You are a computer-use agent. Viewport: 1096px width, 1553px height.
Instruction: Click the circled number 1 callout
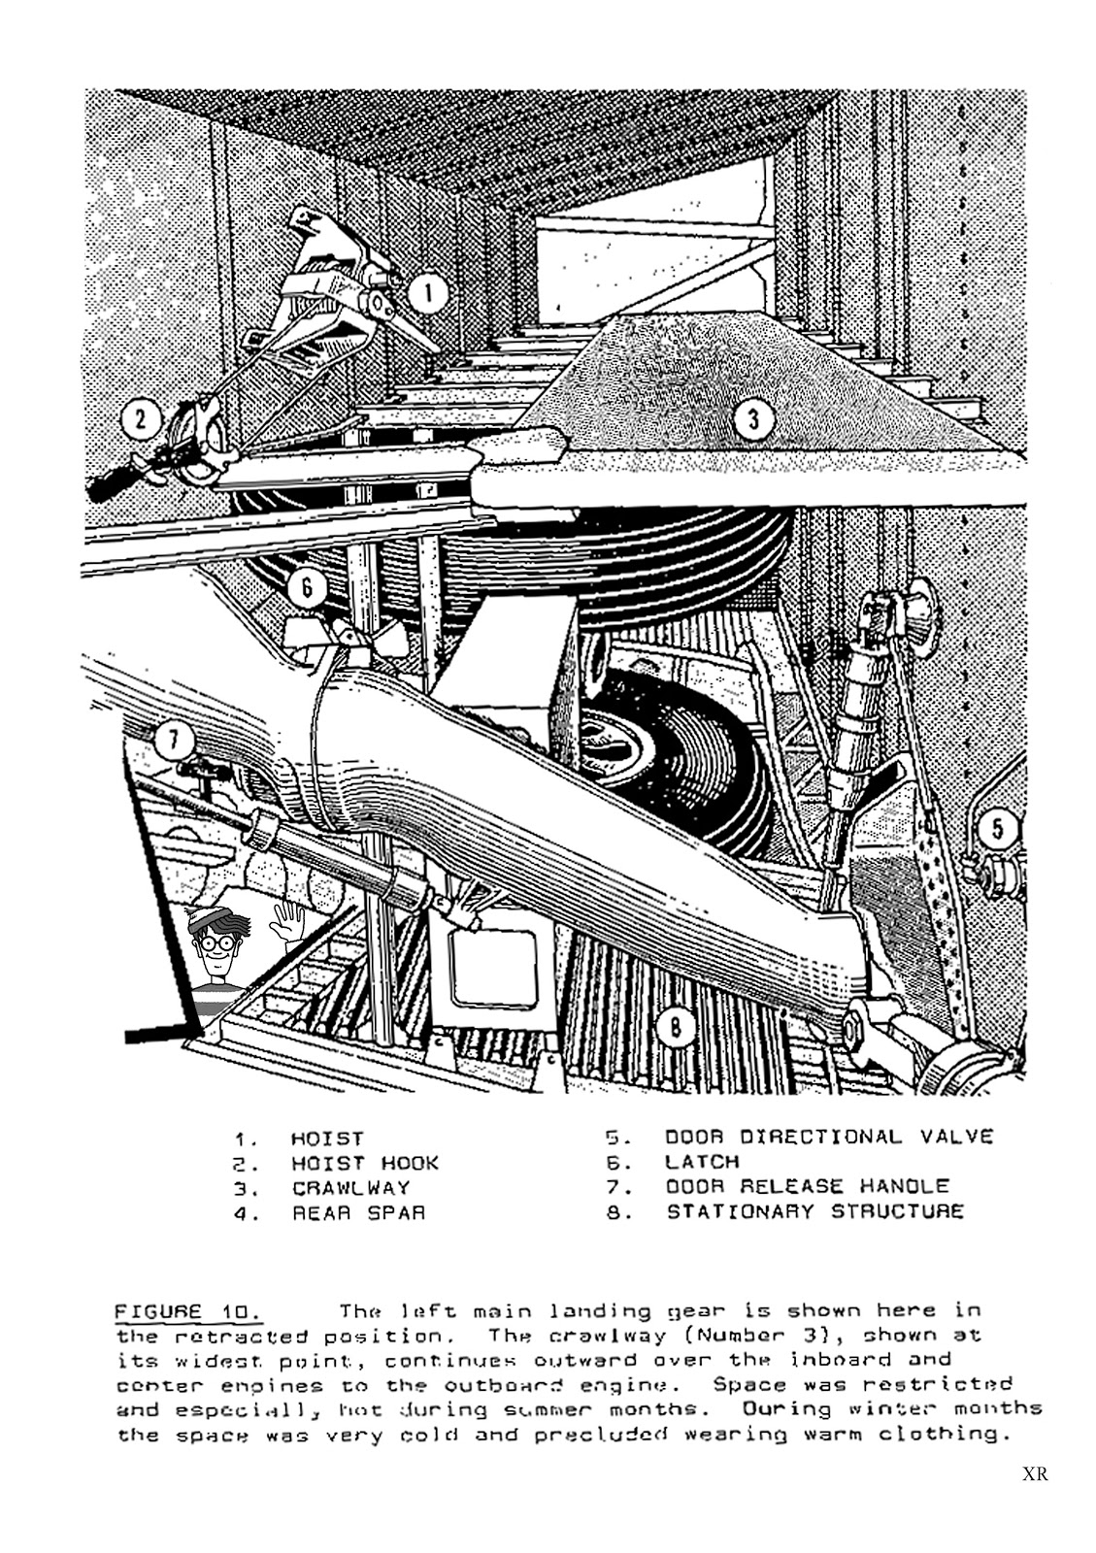point(427,294)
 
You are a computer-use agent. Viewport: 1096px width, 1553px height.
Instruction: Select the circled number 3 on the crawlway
point(753,420)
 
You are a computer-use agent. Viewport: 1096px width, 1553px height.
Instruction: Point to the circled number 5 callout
point(997,829)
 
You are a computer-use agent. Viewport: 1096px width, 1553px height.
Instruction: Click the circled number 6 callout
point(307,587)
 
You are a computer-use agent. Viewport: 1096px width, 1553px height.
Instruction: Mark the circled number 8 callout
point(676,1026)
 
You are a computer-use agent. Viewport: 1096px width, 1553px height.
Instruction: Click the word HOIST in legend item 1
point(327,1139)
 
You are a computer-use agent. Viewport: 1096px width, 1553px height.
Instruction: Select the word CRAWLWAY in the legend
point(351,1188)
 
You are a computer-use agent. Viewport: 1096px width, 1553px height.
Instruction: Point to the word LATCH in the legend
point(702,1162)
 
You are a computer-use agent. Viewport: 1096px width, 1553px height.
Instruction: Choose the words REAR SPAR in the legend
point(358,1212)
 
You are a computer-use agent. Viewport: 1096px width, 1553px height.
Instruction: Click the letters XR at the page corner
point(1035,1474)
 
